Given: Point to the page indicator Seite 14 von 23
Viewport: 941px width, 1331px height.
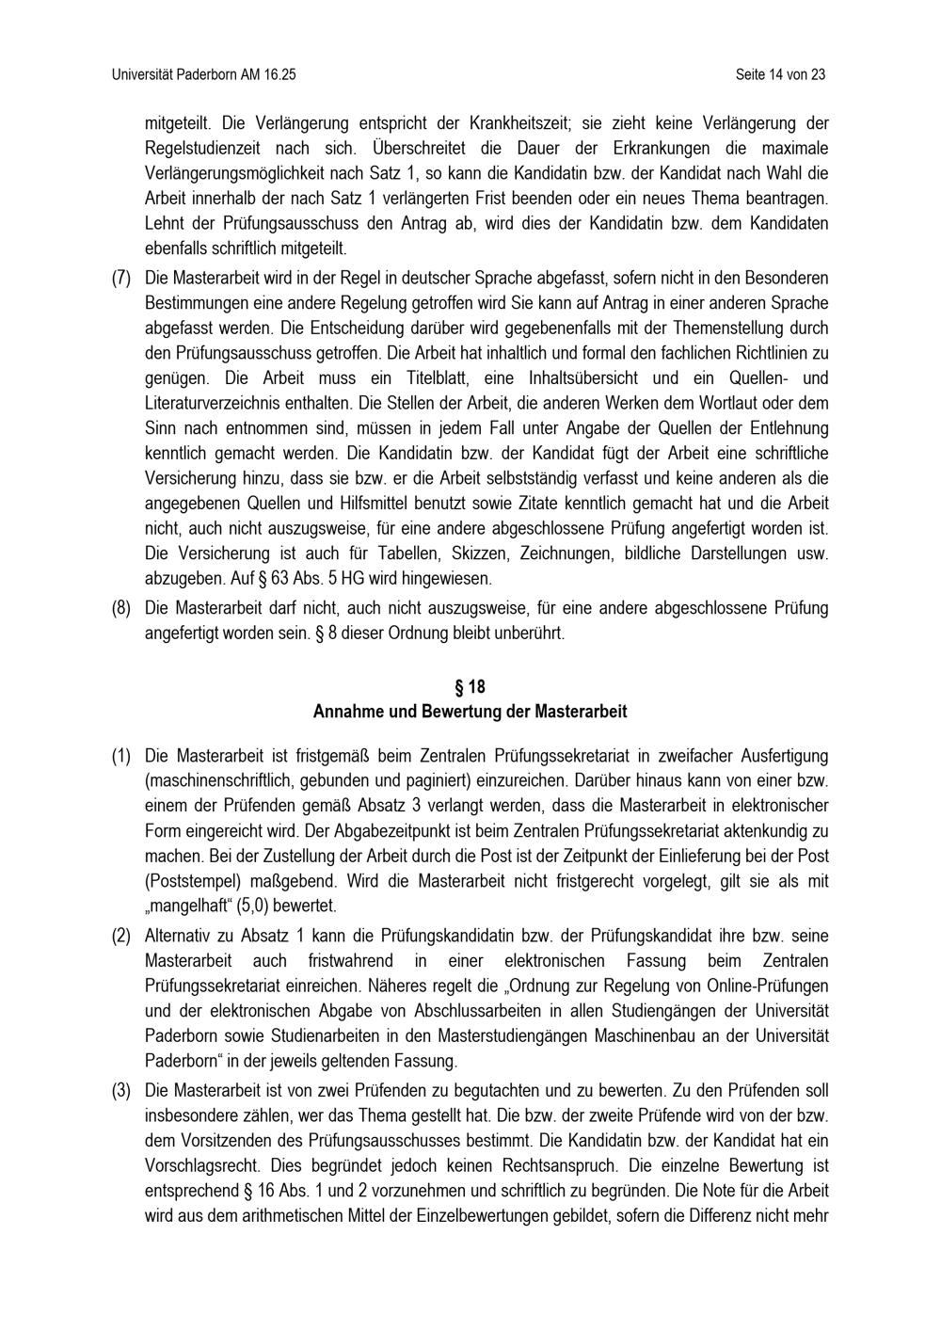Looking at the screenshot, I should pyautogui.click(x=781, y=74).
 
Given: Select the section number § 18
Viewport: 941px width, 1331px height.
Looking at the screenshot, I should pyautogui.click(x=470, y=687).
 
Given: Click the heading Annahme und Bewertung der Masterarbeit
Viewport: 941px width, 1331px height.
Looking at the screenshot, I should pyautogui.click(x=470, y=712).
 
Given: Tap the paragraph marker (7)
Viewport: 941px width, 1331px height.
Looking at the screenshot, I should pyautogui.click(x=121, y=279).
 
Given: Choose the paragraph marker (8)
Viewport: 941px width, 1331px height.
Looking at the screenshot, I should pyautogui.click(x=121, y=608).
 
